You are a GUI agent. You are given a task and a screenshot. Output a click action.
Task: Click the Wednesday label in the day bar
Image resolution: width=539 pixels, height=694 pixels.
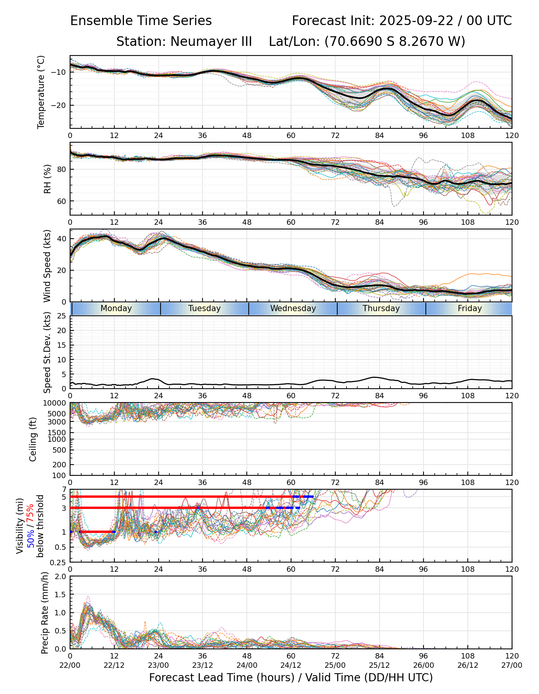[293, 308]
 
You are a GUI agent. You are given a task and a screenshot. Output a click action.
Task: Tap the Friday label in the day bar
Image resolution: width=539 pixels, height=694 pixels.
[470, 308]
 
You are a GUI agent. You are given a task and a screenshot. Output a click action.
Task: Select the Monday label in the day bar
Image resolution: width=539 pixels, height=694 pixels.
[116, 308]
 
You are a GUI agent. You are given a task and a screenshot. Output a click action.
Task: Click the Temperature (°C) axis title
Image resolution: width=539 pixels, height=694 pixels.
[41, 92]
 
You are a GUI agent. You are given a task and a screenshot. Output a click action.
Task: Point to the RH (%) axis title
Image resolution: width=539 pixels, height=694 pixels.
[47, 179]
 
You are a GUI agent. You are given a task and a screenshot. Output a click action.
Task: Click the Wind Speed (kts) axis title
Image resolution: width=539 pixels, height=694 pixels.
[47, 266]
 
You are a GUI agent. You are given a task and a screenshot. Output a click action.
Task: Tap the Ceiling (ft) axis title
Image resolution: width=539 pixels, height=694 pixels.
[33, 439]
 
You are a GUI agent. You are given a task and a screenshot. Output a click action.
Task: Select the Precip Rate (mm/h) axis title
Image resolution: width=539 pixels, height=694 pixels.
[45, 613]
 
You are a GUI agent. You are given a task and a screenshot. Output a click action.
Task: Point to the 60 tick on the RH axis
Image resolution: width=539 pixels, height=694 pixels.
[62, 201]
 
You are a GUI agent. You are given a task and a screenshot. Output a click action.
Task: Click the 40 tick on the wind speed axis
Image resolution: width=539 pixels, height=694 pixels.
[62, 239]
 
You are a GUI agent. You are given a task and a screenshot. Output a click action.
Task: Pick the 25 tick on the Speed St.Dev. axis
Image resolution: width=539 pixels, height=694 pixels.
[62, 316]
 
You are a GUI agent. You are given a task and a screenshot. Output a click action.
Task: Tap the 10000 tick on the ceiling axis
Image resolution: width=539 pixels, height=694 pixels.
[55, 403]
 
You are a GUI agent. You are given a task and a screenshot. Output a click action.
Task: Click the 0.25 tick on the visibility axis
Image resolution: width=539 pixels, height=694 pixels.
[59, 562]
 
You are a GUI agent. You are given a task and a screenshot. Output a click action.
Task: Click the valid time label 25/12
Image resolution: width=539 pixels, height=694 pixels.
[379, 665]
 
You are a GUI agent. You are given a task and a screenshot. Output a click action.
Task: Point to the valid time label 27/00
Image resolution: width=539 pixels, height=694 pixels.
[512, 665]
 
